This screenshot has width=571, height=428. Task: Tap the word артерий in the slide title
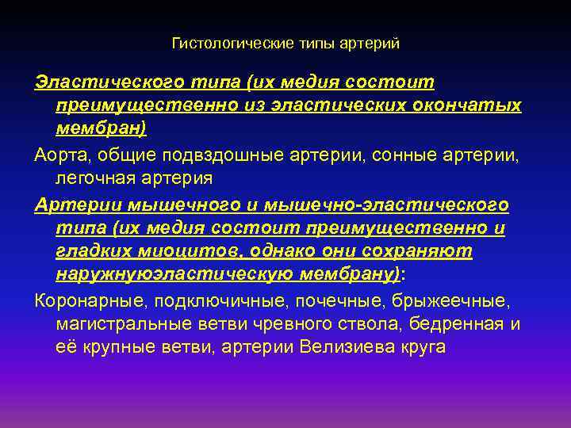[x=371, y=44]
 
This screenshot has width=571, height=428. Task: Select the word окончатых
[x=473, y=105]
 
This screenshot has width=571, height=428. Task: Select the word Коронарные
[x=86, y=302]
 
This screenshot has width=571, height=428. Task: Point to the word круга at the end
[x=420, y=346]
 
